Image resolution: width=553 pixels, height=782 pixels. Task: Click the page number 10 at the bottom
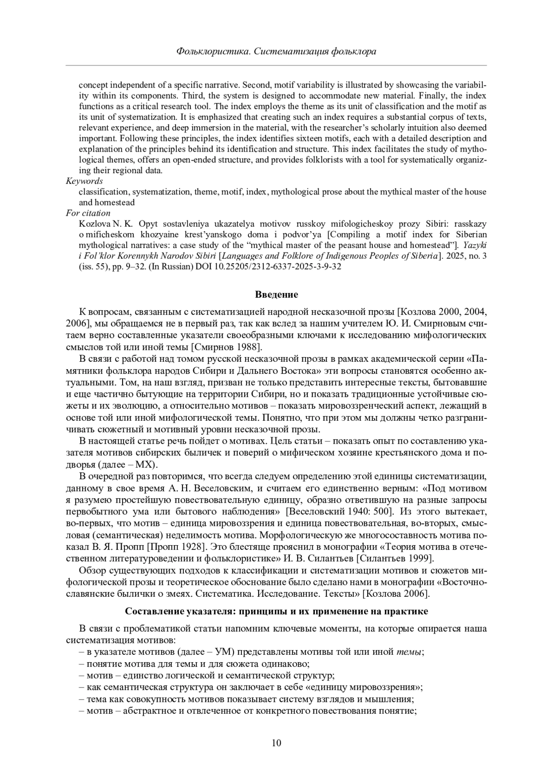pos(276,742)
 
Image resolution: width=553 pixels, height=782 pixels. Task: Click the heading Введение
pos(276,294)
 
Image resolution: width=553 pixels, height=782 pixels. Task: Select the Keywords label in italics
pos(84,181)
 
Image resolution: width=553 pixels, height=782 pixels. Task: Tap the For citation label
pos(88,213)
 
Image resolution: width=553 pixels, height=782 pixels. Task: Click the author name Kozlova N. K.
pos(106,224)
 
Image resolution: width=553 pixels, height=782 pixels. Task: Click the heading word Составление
pos(155,611)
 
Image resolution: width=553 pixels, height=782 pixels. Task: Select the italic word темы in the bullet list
pos(409,652)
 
